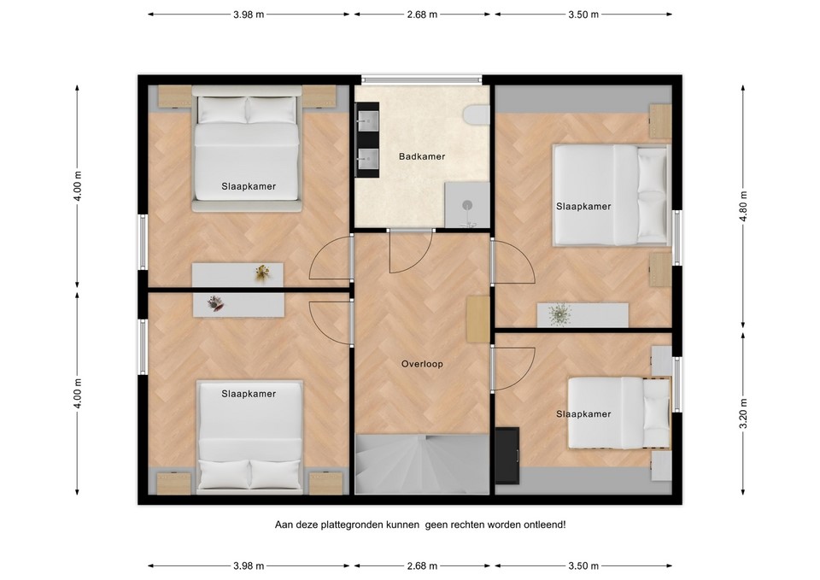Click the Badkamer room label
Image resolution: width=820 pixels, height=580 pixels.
422,156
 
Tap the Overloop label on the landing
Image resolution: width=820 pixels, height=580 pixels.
422,364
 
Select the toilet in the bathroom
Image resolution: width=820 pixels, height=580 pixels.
476,115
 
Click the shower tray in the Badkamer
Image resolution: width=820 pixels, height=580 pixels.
467,205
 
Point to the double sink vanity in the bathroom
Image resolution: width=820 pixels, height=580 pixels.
369,140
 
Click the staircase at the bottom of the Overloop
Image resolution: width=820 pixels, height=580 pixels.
422,463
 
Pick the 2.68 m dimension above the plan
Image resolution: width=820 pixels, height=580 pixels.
422,15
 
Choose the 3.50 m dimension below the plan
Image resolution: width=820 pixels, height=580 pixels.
583,565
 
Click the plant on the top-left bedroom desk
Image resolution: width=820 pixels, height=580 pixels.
262,272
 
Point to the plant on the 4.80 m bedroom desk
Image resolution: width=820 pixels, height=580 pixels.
559,314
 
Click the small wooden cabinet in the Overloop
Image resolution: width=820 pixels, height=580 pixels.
477,319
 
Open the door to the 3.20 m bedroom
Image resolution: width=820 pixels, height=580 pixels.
513,367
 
